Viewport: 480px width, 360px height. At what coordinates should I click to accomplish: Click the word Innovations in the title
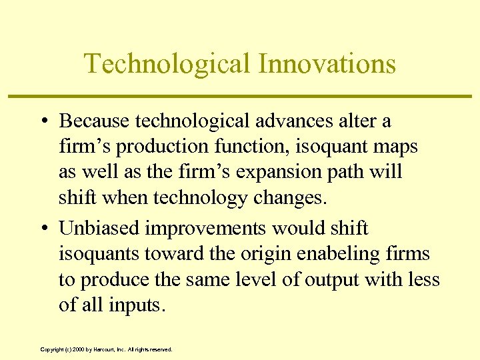[x=327, y=64]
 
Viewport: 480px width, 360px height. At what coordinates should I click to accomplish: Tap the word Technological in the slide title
[x=167, y=64]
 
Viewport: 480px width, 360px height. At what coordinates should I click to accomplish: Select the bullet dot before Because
[x=43, y=122]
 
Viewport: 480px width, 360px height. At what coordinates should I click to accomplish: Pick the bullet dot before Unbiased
[x=43, y=229]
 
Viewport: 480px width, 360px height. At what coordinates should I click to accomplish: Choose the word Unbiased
[x=99, y=228]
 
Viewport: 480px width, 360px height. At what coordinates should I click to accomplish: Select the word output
[x=330, y=280]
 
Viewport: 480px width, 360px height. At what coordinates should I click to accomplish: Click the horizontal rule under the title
[x=240, y=97]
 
